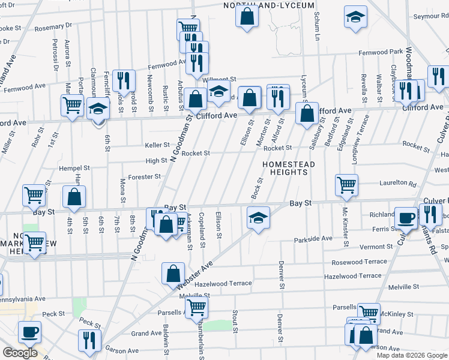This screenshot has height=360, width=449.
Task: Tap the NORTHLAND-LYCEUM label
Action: pos(269,5)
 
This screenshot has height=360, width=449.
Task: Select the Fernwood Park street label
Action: pos(381,52)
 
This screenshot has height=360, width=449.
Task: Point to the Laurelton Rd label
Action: pos(397,184)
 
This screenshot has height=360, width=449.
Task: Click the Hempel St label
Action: pos(74,169)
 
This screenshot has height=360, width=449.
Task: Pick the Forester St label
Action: pos(145,176)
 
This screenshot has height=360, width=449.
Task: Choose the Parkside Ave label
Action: pos(313,239)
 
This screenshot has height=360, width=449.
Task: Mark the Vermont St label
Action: pos(376,247)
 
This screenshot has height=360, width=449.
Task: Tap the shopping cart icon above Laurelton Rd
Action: pos(346,185)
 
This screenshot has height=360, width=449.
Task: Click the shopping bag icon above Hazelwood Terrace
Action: pos(173,272)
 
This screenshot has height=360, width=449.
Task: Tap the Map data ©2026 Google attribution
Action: pos(411,355)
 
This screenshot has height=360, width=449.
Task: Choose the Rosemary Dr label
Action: pos(53,26)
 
